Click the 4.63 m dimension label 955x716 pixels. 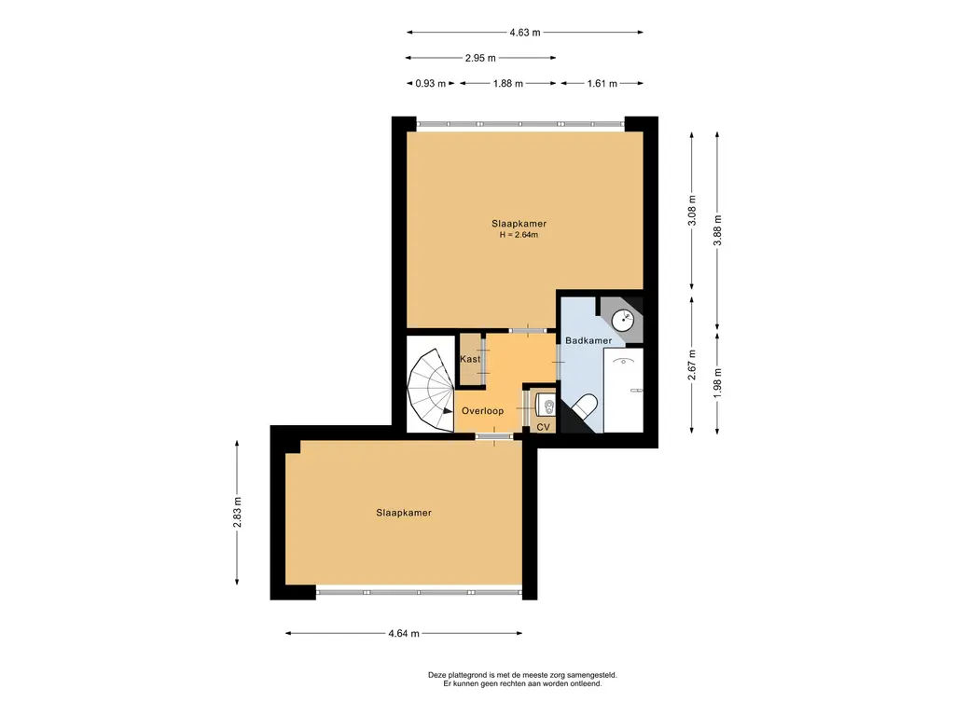525,33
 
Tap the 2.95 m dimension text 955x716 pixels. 480,58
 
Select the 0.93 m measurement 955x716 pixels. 431,83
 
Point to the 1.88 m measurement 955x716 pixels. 508,83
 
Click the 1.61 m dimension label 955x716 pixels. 602,83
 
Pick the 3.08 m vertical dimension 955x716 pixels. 692,211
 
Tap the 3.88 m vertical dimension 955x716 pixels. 717,231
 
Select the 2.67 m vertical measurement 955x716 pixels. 692,365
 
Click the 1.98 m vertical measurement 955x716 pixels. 717,383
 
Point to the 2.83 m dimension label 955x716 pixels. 237,512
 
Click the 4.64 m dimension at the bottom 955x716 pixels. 404,633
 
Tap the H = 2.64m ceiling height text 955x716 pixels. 519,235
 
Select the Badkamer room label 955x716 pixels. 588,340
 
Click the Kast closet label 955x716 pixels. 470,359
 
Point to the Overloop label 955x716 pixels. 482,411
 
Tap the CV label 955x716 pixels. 544,427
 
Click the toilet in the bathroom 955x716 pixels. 583,407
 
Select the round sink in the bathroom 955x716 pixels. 622,319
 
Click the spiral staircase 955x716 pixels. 431,390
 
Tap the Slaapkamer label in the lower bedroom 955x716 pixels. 404,513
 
